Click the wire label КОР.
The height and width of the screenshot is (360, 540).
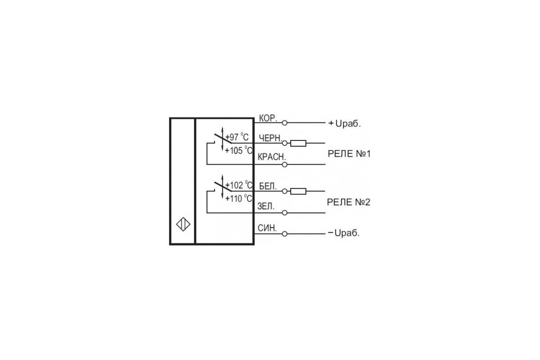point(268,118)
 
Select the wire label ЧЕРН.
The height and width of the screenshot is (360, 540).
point(270,138)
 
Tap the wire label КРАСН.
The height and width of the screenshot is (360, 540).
point(272,157)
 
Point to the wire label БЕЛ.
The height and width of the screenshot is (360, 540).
point(268,186)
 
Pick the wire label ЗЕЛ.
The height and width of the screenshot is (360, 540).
point(266,206)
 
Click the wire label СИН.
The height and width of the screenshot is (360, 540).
point(267,228)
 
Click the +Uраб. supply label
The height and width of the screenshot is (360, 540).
point(345,124)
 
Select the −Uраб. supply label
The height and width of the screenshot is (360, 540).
point(344,233)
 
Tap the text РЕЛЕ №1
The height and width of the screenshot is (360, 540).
point(349,153)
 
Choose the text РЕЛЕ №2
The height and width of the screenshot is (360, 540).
point(349,202)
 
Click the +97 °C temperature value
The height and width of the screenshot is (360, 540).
point(237,137)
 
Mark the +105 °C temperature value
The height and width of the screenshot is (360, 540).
point(238,150)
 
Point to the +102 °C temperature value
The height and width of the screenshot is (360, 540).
point(238,185)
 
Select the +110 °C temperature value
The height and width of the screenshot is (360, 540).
point(238,198)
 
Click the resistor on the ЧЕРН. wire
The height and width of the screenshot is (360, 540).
point(298,143)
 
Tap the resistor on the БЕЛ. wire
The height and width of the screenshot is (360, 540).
point(298,191)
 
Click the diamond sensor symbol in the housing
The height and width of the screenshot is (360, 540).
point(183,225)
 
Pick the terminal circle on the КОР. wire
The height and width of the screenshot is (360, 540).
point(285,123)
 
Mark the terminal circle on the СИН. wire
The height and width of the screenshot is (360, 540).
point(285,234)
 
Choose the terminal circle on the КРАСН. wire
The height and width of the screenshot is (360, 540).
point(285,165)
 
